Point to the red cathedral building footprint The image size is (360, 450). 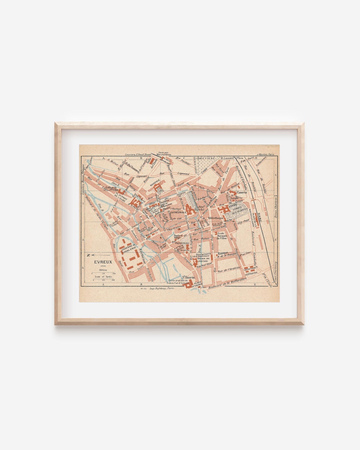tap(190, 210)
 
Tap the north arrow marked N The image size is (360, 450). tap(88, 255)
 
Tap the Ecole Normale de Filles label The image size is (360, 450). tap(222, 236)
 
